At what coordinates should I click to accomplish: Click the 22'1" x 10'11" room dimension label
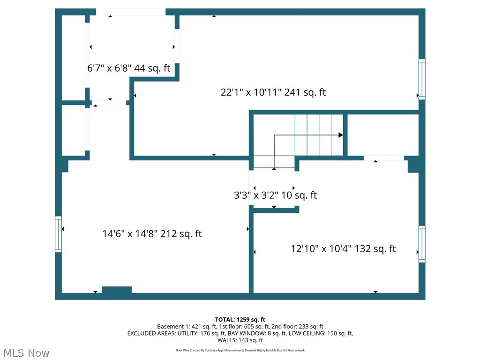(273, 92)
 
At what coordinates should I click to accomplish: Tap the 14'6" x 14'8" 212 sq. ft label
(152, 233)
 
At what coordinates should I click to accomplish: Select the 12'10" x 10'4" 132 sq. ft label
(343, 248)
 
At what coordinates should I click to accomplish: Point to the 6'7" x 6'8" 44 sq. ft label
(128, 68)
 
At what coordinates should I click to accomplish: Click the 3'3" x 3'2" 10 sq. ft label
(275, 195)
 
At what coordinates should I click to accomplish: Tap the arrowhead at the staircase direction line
(341, 135)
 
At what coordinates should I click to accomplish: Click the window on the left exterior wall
(58, 234)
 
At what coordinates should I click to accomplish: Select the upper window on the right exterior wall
(422, 79)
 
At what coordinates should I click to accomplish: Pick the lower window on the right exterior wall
(422, 244)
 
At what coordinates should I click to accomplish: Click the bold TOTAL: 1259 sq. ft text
(240, 320)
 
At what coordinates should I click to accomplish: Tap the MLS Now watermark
(26, 353)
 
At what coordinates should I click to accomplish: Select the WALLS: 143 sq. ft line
(240, 340)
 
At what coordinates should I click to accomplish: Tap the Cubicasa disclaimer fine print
(240, 350)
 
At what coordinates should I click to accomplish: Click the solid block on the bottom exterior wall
(117, 290)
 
